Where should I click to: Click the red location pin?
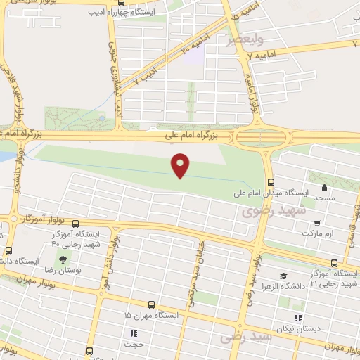181,165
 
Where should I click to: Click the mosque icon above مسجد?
323,188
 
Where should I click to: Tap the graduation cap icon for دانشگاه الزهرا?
283,276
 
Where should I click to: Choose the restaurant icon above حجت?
131,333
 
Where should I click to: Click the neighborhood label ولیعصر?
240,39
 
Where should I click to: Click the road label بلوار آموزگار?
44,219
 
